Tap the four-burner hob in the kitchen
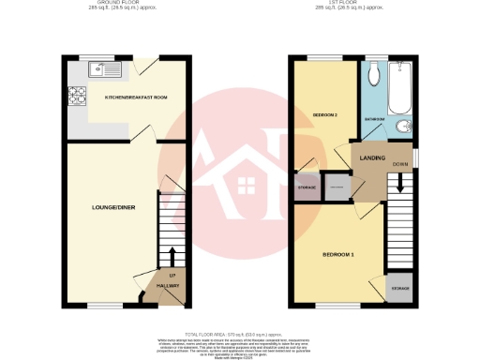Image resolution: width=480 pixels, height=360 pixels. tap(75, 95)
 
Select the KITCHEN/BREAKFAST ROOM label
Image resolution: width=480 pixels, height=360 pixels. tap(135, 97)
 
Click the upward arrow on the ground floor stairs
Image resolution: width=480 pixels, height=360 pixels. tap(172, 256)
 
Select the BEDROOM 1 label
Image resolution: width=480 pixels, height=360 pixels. tap(338, 253)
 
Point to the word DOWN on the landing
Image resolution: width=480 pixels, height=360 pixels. tap(399, 163)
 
